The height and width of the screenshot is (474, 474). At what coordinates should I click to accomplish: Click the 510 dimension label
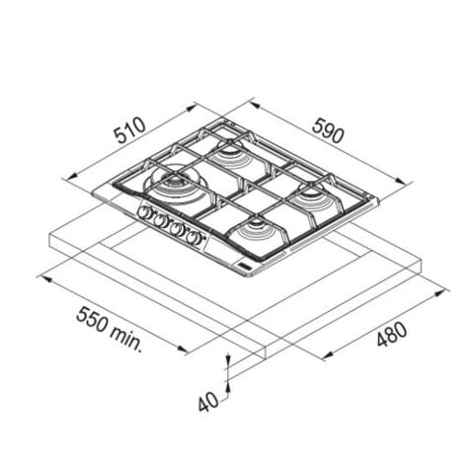tap(129, 130)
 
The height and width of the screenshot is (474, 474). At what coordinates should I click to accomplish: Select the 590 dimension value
tap(328, 131)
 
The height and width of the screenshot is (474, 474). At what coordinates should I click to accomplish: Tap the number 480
tap(392, 334)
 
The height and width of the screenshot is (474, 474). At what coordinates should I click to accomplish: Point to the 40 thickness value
tap(208, 402)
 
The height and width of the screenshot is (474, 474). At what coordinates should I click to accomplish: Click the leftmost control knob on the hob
tap(144, 212)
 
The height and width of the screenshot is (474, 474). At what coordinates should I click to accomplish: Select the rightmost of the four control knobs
tap(193, 238)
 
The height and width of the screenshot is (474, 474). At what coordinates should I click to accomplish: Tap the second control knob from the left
tap(159, 220)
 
